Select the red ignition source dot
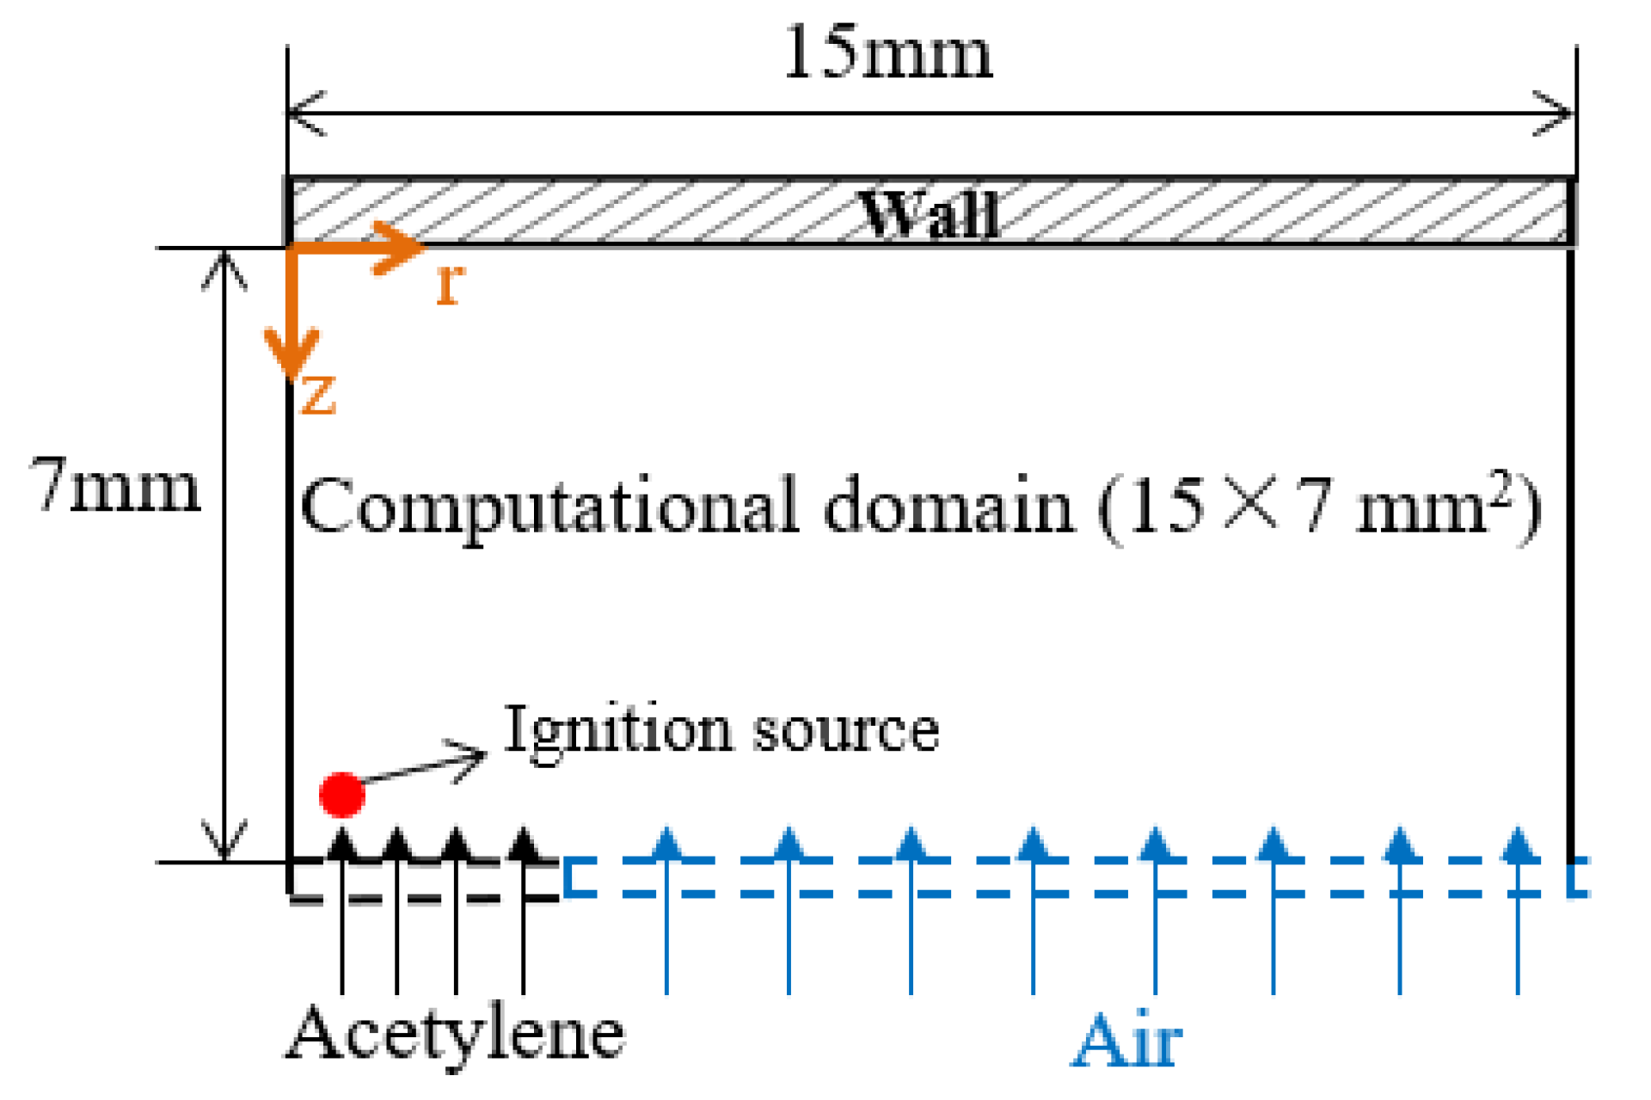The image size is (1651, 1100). (x=342, y=794)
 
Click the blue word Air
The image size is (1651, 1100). (x=1127, y=1042)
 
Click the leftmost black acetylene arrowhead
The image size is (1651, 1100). (x=342, y=843)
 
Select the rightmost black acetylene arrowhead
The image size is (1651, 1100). (x=524, y=843)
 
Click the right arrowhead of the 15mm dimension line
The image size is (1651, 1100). (x=1558, y=114)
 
